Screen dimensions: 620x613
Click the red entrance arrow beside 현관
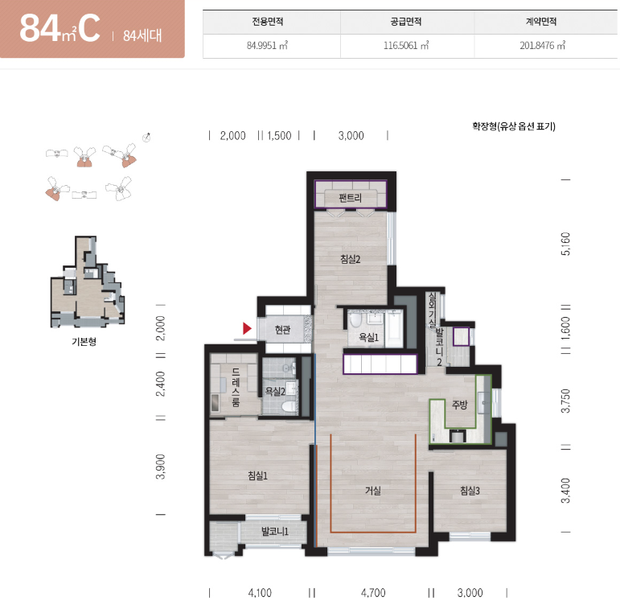(247, 328)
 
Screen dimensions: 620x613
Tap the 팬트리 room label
(350, 197)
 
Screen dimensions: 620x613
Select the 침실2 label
(350, 259)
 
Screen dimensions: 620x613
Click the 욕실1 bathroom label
(368, 337)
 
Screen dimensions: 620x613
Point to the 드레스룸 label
(236, 387)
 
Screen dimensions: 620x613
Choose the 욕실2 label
(275, 391)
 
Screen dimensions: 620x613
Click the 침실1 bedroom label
(257, 475)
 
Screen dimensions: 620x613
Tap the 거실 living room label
(372, 491)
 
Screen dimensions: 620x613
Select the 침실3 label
(470, 491)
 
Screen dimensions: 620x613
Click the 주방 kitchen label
(459, 404)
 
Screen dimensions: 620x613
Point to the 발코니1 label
(275, 531)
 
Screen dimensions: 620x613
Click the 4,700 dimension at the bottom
(373, 592)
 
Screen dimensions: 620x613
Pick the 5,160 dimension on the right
(566, 244)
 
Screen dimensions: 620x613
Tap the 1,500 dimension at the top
(279, 136)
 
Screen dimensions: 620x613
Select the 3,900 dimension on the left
(161, 467)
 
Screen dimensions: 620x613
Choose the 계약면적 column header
(541, 22)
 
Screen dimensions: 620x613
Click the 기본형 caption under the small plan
(84, 341)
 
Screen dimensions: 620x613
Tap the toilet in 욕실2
(289, 406)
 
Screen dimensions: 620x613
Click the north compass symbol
(146, 138)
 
